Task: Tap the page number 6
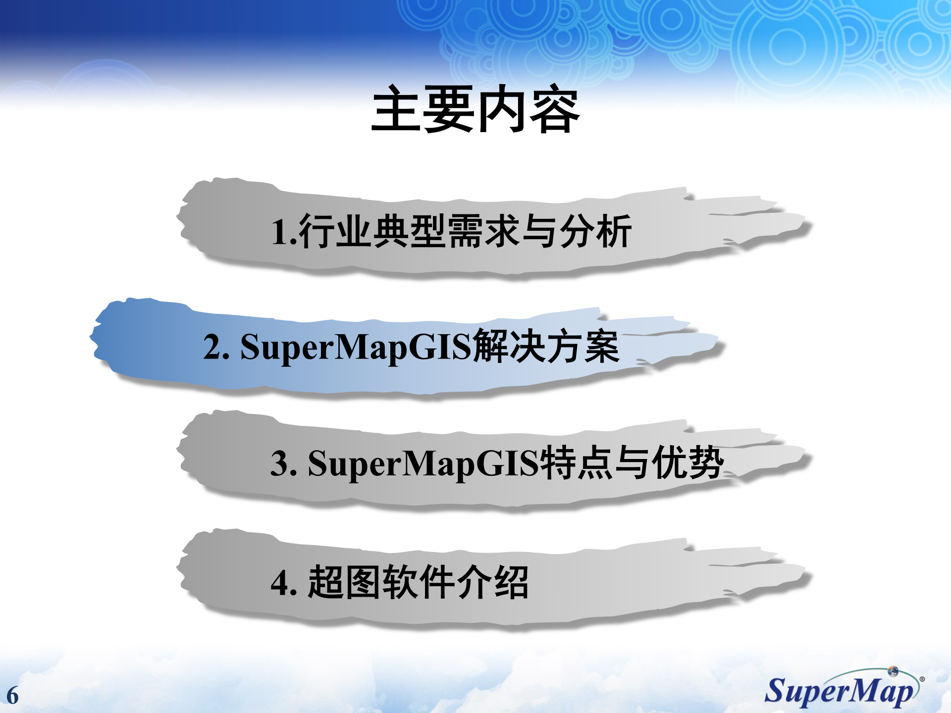coord(12,696)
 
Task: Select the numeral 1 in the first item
coord(280,232)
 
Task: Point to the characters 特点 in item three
coord(576,463)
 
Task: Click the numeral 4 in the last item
coord(280,583)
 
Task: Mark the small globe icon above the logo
coord(893,671)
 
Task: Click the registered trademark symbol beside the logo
coord(922,679)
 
